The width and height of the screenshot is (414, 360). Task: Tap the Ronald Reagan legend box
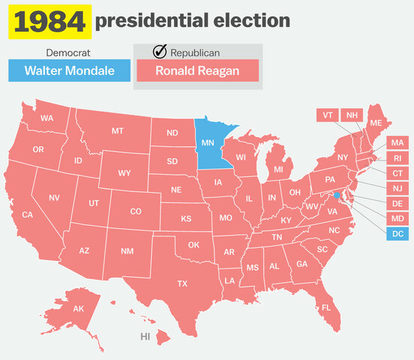tap(197, 71)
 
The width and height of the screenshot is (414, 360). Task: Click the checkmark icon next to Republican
tap(159, 52)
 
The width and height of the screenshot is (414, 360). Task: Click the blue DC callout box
tap(397, 233)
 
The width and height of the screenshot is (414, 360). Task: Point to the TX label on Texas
tap(182, 283)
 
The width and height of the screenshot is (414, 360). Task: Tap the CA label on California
tap(28, 215)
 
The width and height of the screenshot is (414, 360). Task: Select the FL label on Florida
tap(325, 307)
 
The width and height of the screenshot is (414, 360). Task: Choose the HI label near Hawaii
tap(145, 337)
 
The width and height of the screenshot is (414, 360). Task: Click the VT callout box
tap(327, 115)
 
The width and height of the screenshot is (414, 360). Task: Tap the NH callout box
tap(351, 115)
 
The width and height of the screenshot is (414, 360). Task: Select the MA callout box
tap(397, 142)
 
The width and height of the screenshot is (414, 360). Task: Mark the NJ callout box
tap(397, 187)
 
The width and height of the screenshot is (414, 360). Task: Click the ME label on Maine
tap(376, 123)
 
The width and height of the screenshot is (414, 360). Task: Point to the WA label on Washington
tap(46, 118)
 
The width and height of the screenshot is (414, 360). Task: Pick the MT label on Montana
tap(118, 131)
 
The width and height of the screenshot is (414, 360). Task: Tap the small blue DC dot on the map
tap(337, 195)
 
